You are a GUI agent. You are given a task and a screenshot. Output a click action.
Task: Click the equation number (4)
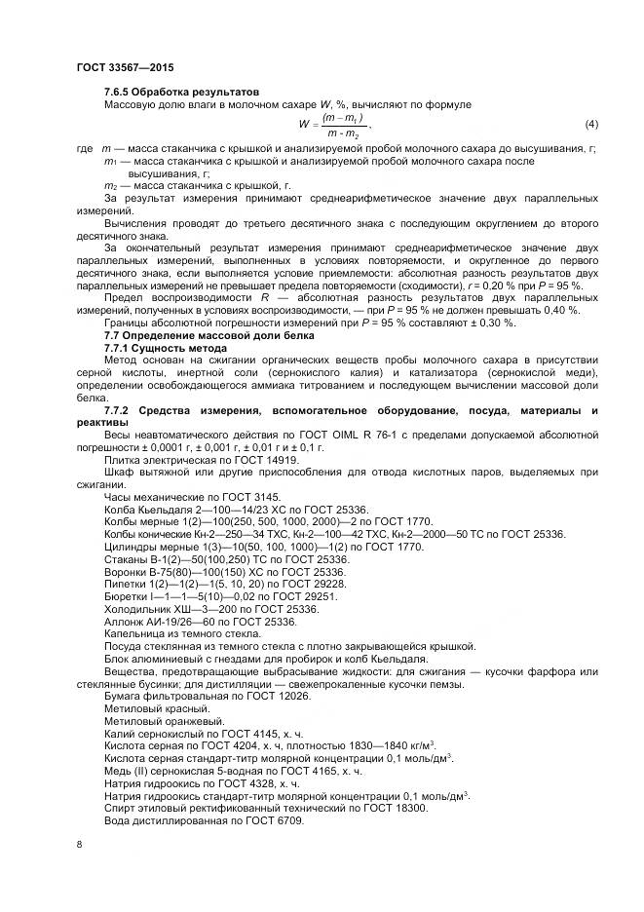point(590,125)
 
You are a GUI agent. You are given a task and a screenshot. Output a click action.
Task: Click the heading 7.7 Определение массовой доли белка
point(204,335)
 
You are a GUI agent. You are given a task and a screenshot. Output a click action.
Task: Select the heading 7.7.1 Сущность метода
point(168,348)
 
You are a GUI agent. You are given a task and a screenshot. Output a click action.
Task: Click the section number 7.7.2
point(121,411)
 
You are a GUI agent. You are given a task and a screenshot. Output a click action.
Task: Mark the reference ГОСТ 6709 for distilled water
point(274,822)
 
